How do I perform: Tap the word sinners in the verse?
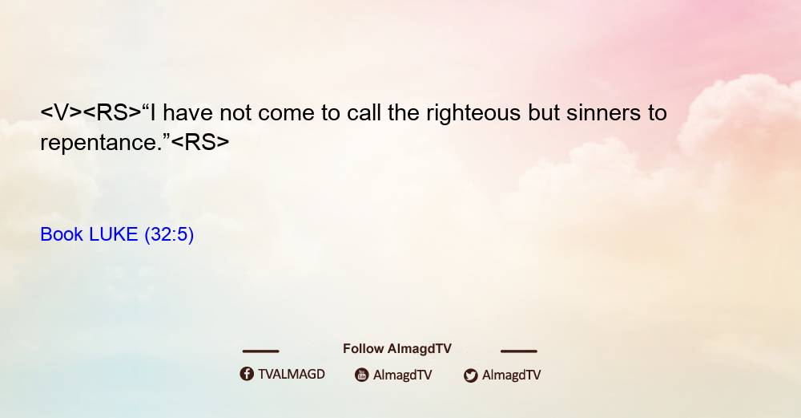coord(603,113)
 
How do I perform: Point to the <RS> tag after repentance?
coord(200,142)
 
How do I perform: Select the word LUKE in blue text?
coord(114,234)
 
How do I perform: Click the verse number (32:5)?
coord(169,235)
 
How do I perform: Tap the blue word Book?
coord(62,234)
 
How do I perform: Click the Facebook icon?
coord(247,374)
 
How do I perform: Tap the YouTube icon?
coord(362,375)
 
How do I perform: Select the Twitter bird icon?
coord(471,375)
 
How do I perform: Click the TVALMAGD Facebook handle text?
coord(292,375)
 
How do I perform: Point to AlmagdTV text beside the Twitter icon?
coord(511,375)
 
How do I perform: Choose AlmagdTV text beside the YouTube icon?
coord(403,375)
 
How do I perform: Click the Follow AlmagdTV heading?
coord(397,349)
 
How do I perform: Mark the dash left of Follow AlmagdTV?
coord(260,351)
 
